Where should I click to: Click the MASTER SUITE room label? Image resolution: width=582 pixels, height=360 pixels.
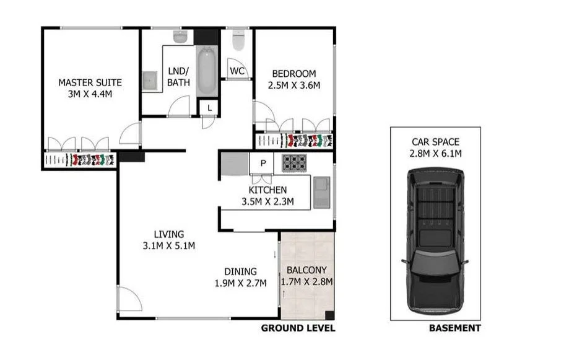click(90, 82)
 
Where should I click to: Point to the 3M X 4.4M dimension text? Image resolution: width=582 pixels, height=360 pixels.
click(90, 94)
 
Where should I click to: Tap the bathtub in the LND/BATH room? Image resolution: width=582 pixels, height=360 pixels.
click(207, 72)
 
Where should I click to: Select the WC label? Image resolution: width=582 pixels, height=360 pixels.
click(237, 71)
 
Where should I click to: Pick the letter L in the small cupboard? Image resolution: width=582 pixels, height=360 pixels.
click(210, 108)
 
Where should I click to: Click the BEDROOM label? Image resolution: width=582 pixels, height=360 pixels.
click(294, 73)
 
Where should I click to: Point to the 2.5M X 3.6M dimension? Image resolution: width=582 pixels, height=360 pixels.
click(294, 85)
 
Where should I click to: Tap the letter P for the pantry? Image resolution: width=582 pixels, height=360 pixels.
click(263, 164)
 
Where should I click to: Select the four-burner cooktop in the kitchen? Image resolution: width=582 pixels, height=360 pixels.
click(295, 163)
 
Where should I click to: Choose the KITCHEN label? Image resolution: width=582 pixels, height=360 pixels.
click(267, 190)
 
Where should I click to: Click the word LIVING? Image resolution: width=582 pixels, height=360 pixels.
click(169, 234)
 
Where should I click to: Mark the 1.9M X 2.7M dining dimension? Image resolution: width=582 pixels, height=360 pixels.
click(240, 283)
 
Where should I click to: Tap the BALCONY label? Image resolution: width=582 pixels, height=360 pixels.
click(306, 270)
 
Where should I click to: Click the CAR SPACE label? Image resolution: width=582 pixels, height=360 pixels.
click(436, 142)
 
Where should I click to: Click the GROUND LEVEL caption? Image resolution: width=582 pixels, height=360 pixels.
click(298, 328)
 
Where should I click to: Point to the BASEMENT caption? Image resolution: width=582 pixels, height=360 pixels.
click(454, 328)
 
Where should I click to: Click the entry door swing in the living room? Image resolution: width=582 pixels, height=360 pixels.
click(129, 301)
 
